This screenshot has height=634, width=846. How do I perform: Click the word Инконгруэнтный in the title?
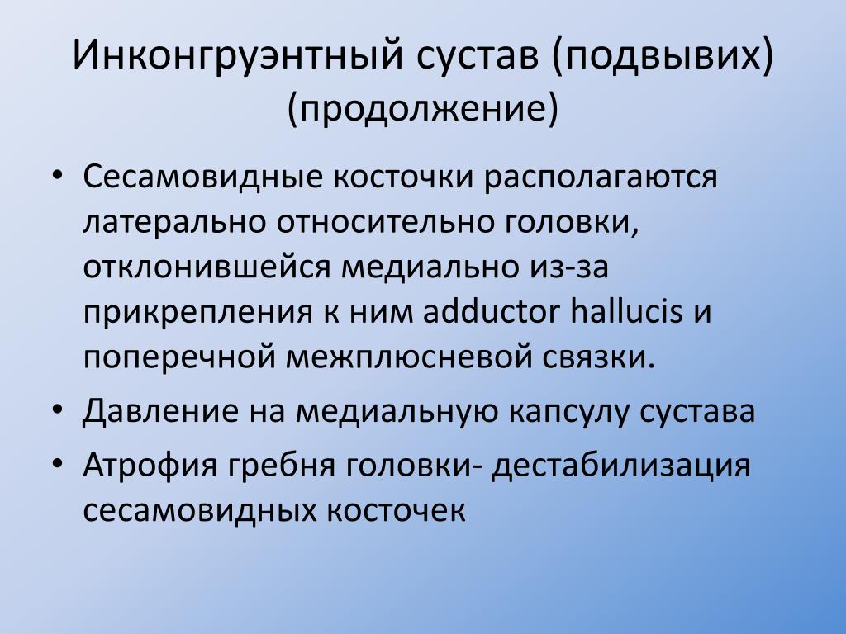(238, 55)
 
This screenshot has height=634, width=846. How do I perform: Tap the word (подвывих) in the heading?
(663, 55)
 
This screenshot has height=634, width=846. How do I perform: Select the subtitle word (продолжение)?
(423, 108)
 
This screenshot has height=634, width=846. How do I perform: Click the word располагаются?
(601, 177)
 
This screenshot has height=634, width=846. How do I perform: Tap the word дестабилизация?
(620, 465)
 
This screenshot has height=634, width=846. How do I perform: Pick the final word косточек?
(395, 510)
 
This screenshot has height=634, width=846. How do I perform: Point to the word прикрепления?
(198, 313)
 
